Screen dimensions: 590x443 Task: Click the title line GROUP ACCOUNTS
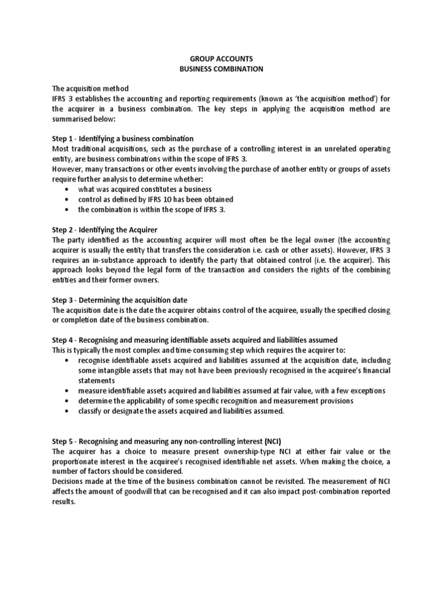pos(221,59)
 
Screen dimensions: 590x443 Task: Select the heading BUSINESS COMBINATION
pos(221,69)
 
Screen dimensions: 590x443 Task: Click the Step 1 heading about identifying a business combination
pos(122,139)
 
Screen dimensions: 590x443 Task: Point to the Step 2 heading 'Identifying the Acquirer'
pos(105,230)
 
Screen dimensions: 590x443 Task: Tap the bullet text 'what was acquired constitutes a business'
pos(145,190)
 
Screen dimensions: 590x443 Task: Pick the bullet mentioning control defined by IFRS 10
pos(156,199)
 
